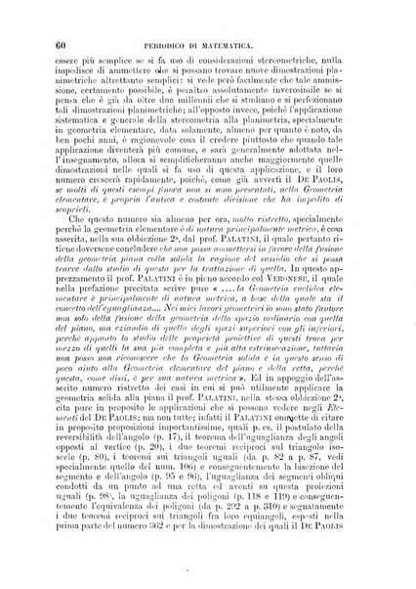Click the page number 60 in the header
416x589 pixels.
tap(62, 43)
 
